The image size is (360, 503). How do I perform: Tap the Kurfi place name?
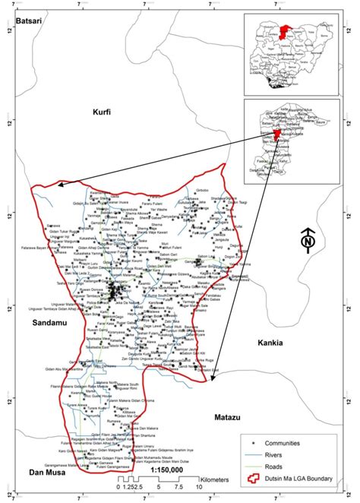101,112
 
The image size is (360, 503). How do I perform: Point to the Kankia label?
269,343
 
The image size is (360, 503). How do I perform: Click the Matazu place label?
219,417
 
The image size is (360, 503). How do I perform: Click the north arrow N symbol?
308,242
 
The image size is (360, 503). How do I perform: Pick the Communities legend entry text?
288,442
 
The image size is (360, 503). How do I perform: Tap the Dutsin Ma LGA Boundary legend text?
298,480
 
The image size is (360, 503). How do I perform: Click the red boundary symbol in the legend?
248,480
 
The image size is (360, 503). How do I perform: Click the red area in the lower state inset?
277,133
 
